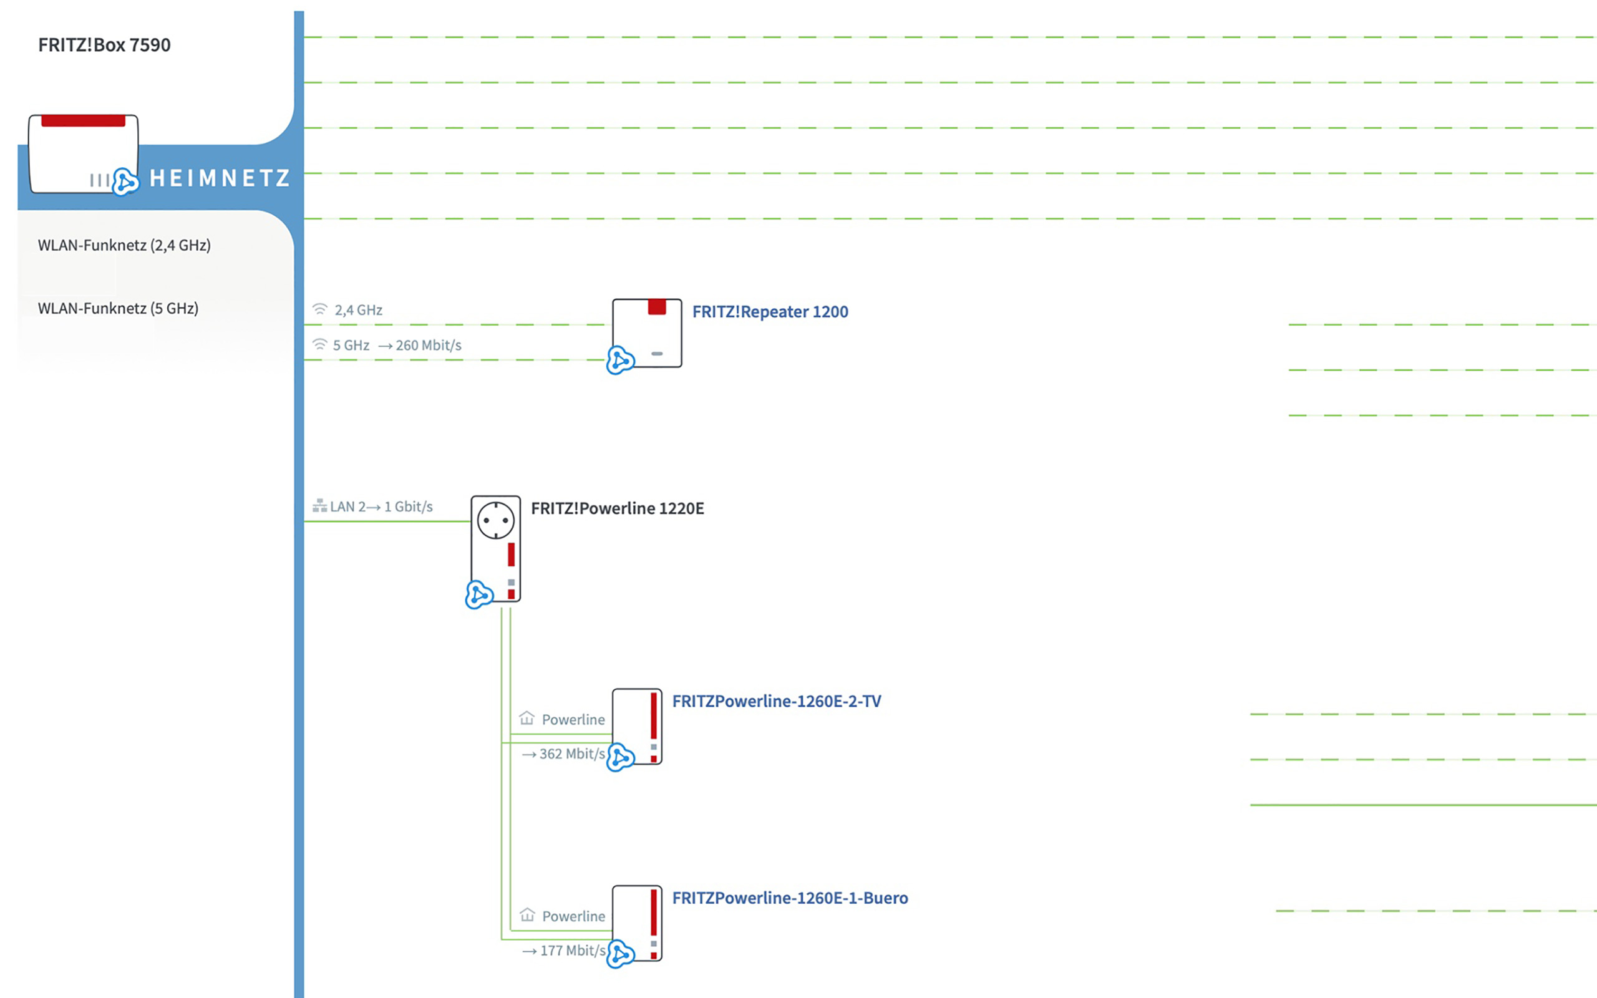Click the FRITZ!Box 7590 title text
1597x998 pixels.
[x=104, y=45]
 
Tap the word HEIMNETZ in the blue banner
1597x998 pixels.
[x=220, y=178]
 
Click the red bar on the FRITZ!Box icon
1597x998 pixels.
[x=83, y=121]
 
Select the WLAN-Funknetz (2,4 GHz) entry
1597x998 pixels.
[x=124, y=246]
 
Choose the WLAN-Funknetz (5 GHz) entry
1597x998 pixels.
[x=118, y=308]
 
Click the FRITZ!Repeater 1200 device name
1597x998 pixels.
[x=769, y=311]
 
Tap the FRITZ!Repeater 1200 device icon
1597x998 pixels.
[x=648, y=332]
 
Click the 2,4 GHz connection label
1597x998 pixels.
[x=357, y=309]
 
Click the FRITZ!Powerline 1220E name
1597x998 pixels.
[x=617, y=508]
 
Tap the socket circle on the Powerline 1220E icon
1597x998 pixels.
[x=495, y=520]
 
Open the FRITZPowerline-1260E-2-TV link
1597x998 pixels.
[x=776, y=701]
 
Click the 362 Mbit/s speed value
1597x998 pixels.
[x=571, y=753]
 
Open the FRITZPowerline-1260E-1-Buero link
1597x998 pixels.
[x=789, y=898]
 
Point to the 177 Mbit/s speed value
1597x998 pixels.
[x=572, y=951]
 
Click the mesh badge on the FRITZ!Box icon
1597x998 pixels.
[x=125, y=182]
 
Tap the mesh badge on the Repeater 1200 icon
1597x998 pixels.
[x=620, y=361]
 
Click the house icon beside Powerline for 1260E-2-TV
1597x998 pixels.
[x=527, y=717]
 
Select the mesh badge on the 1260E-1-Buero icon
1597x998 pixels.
[x=620, y=954]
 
